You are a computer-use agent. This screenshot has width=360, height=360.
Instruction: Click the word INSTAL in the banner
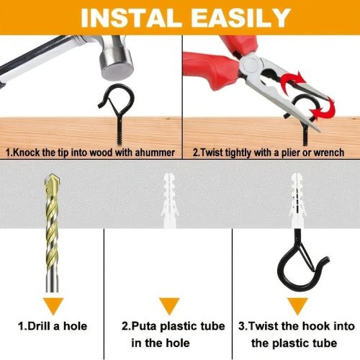(x=131, y=17)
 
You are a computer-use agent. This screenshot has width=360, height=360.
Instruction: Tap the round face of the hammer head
(x=117, y=71)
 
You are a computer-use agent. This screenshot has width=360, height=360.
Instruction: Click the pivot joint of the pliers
(x=250, y=63)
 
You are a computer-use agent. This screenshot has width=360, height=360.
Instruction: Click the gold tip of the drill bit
(x=51, y=181)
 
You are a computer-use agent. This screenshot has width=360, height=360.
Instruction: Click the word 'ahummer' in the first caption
(x=155, y=153)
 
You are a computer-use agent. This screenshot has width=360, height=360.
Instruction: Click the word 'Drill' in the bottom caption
(x=39, y=326)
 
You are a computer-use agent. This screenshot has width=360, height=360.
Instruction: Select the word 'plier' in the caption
(x=290, y=153)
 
